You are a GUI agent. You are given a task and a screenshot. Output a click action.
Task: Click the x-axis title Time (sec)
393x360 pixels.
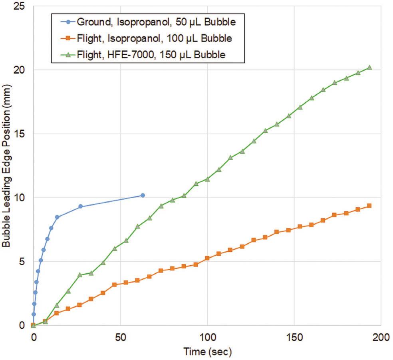point(207,352)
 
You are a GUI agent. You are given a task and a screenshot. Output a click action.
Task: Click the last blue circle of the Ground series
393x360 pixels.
point(143,195)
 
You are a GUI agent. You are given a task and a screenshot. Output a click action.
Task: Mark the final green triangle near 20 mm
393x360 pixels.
point(369,68)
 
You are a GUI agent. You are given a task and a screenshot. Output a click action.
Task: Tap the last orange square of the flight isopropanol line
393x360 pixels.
point(369,206)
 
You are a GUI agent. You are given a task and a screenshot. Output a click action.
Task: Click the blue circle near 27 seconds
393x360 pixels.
point(80,206)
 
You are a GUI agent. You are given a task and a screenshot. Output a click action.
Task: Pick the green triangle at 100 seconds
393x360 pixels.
point(207,179)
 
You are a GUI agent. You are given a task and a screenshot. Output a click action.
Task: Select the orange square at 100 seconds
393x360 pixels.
point(207,258)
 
